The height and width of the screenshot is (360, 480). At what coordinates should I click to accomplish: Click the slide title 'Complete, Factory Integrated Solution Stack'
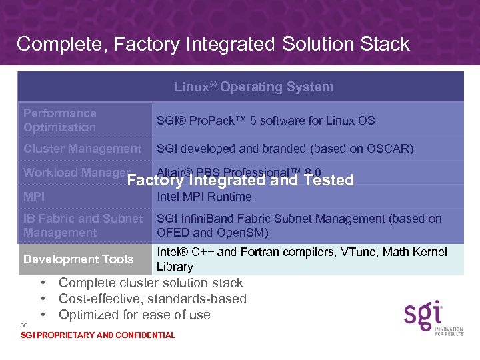(x=213, y=45)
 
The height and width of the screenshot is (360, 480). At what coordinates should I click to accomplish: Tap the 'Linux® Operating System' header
(x=253, y=87)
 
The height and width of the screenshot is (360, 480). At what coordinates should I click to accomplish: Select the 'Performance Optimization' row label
(x=60, y=120)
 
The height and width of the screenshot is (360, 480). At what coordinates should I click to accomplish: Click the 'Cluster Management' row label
(x=83, y=149)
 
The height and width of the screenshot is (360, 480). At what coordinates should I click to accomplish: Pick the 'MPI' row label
(x=34, y=197)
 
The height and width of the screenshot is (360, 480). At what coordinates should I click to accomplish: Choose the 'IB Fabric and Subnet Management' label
(x=83, y=225)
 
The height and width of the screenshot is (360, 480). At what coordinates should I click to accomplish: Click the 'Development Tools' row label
(x=78, y=259)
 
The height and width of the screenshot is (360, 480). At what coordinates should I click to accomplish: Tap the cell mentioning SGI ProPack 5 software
(x=265, y=121)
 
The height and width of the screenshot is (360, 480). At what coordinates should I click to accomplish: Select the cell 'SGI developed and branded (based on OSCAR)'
(x=285, y=149)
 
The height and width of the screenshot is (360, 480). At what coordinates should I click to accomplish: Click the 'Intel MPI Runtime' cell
(x=204, y=197)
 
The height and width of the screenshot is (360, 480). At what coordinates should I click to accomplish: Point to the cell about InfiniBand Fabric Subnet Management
(x=299, y=225)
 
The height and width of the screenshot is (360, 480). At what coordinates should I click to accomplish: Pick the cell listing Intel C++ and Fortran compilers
(x=301, y=259)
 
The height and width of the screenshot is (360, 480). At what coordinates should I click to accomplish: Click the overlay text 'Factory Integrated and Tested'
(x=240, y=180)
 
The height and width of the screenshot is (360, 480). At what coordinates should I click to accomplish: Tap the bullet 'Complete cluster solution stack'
(x=151, y=283)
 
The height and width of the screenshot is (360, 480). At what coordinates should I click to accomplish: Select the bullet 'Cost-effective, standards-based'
(x=153, y=299)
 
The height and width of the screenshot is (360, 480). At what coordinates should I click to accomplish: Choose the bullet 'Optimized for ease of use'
(x=135, y=315)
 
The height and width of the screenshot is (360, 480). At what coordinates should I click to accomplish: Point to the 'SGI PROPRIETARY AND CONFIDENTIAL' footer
(x=98, y=335)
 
